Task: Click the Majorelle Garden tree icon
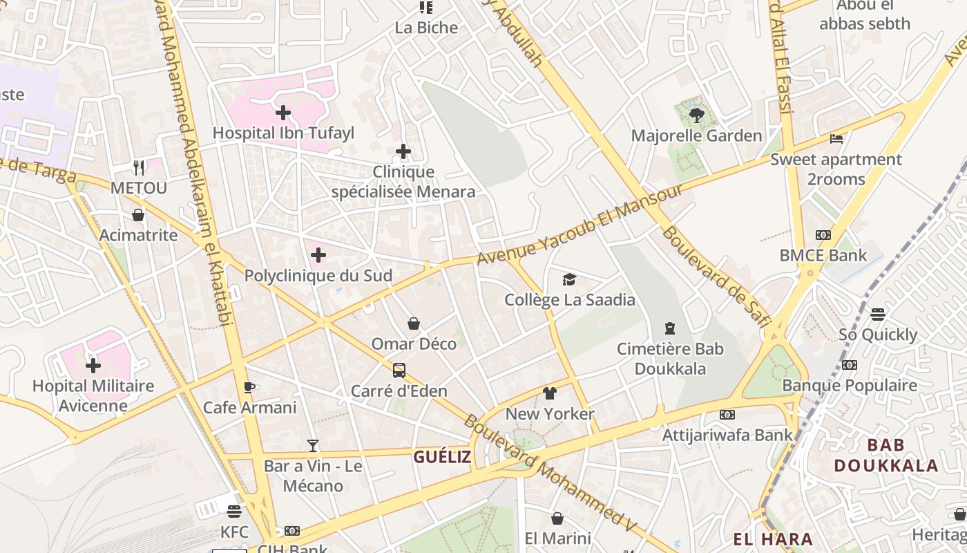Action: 696,115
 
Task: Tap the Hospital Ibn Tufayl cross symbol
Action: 283,112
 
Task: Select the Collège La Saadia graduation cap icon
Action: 569,279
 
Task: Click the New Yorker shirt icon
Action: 550,393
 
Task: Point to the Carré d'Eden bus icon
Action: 399,371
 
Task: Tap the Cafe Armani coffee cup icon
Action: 249,387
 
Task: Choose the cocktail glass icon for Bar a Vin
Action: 313,446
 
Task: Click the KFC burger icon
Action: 234,512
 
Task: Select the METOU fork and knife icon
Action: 139,167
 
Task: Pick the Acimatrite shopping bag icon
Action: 138,215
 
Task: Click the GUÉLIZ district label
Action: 442,457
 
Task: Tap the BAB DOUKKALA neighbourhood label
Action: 885,455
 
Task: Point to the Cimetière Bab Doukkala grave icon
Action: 669,328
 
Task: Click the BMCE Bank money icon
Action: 823,235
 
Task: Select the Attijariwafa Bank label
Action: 727,435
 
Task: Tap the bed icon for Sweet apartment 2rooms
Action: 836,138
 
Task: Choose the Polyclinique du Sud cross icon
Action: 318,255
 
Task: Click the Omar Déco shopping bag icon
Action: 414,324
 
